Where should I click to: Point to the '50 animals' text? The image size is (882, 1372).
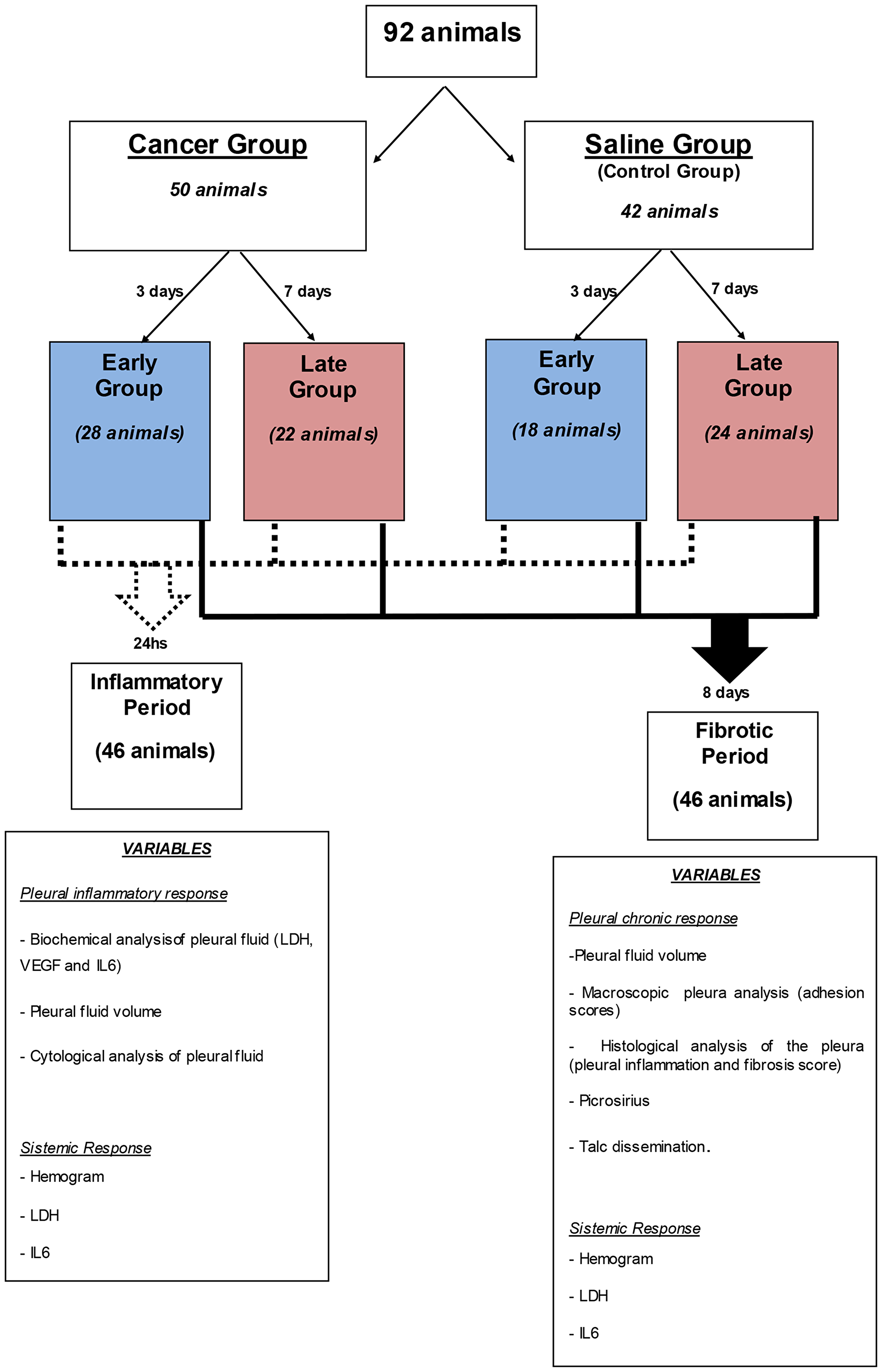coord(218,190)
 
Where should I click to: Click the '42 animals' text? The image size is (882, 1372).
coord(669,211)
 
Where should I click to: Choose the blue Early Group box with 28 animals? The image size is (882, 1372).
coord(130,431)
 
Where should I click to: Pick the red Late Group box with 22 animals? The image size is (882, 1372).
coord(324,432)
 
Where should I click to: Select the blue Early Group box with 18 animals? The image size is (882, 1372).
coord(566,430)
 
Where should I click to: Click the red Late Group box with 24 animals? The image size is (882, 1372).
coord(757,431)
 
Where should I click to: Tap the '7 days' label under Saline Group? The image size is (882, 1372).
coord(734,289)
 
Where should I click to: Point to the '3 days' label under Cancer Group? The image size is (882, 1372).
coord(159,292)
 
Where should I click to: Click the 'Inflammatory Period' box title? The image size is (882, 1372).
coord(157,694)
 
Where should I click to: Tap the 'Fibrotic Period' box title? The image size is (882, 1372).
coord(734,743)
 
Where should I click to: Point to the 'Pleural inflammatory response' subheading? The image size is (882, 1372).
coord(124,894)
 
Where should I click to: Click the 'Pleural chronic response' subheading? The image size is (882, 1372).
coord(653,918)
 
